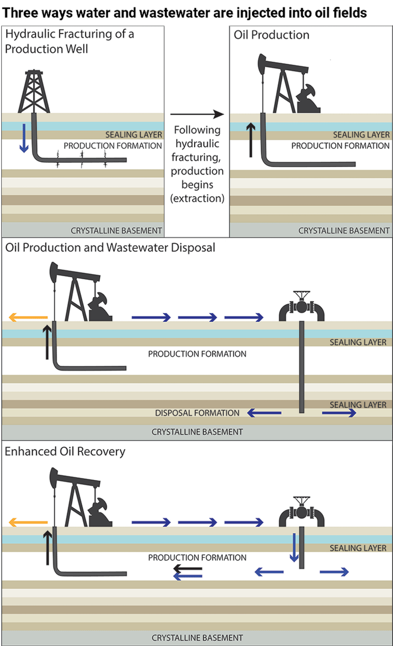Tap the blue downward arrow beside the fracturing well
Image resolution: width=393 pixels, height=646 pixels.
click(x=24, y=138)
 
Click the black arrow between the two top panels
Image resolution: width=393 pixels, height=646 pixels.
click(x=197, y=114)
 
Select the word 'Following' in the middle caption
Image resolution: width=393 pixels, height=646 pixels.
click(x=197, y=130)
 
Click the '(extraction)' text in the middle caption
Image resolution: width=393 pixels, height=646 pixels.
click(x=197, y=198)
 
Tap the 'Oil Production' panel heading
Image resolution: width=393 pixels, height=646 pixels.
click(x=271, y=35)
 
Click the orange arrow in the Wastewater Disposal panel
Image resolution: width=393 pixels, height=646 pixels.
click(x=28, y=317)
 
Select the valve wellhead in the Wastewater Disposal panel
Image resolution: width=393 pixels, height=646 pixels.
click(x=302, y=307)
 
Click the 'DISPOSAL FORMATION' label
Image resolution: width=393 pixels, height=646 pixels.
click(x=197, y=413)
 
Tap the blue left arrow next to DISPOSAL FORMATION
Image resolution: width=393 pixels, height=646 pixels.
click(x=264, y=412)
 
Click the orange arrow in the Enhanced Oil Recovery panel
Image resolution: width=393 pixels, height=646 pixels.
click(x=28, y=522)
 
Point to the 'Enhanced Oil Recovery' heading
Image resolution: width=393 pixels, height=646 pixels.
click(x=65, y=451)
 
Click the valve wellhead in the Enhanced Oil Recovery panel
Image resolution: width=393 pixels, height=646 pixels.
click(x=302, y=512)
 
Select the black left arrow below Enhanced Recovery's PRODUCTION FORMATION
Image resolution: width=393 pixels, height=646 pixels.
click(x=188, y=569)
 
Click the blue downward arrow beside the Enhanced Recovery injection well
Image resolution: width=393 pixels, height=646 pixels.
click(x=294, y=547)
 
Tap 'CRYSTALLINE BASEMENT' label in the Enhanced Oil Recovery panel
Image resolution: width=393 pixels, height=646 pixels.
click(x=197, y=638)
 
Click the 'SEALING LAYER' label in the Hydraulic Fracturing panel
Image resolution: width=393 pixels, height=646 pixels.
click(x=134, y=135)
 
